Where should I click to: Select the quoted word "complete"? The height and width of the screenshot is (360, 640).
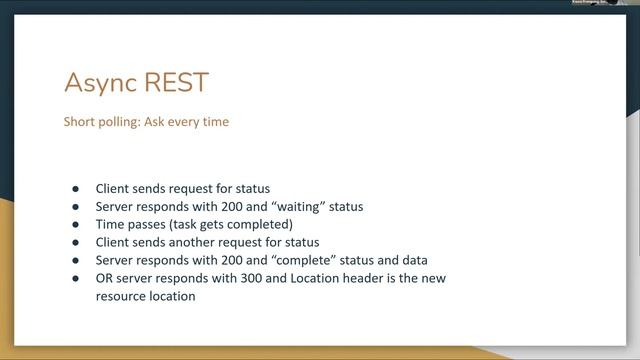coord(313,260)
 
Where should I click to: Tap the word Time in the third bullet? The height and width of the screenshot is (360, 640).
coord(110,225)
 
